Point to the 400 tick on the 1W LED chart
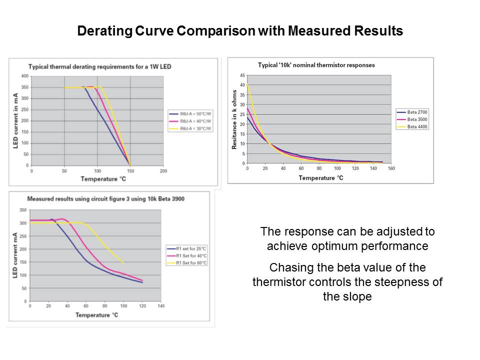click(24, 76)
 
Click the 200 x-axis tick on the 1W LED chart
click(163, 170)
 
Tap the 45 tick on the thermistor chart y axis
click(242, 75)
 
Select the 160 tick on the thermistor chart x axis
click(391, 168)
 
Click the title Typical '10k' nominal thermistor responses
click(316, 65)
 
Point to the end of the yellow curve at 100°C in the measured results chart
click(123, 262)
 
